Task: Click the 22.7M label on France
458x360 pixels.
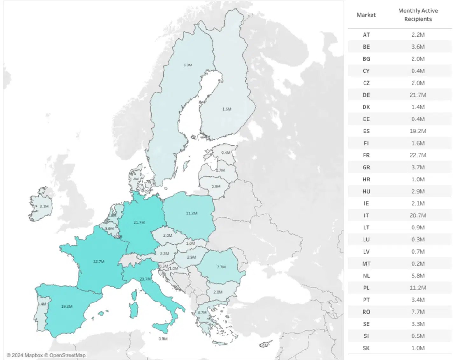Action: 99,262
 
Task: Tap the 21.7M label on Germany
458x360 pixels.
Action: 139,222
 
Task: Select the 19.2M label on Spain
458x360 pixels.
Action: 66,306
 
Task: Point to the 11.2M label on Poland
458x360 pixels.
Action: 191,213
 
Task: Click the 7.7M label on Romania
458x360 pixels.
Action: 221,267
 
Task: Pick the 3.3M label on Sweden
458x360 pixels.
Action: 187,65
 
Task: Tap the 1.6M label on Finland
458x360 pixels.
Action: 226,109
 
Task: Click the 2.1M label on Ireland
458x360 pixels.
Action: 44,206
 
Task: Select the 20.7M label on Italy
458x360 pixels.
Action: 145,279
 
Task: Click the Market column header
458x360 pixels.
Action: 366,15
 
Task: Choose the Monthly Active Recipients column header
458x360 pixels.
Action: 418,15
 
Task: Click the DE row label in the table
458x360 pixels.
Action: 366,95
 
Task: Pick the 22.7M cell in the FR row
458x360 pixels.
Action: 418,155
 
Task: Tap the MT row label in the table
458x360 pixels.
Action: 366,264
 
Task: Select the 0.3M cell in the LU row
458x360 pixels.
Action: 418,240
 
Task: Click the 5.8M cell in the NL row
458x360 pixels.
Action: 418,276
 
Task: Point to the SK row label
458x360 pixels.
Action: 366,348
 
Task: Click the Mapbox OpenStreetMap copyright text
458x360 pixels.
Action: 46,355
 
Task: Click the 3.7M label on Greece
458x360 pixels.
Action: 202,312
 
